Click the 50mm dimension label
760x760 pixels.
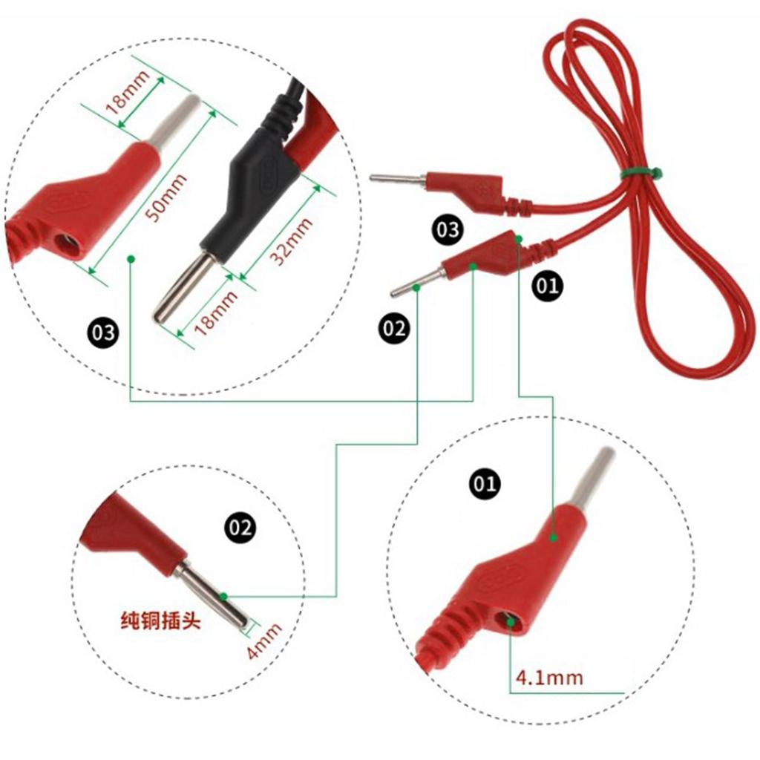166,197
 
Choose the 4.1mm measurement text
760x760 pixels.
549,677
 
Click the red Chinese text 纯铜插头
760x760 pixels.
160,621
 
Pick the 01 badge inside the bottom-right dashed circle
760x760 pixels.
485,483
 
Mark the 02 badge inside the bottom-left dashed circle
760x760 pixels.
240,527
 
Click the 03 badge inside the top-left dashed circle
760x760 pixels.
104,332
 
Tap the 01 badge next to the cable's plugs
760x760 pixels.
548,286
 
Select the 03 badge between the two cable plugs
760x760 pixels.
448,229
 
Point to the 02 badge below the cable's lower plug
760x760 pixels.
393,328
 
